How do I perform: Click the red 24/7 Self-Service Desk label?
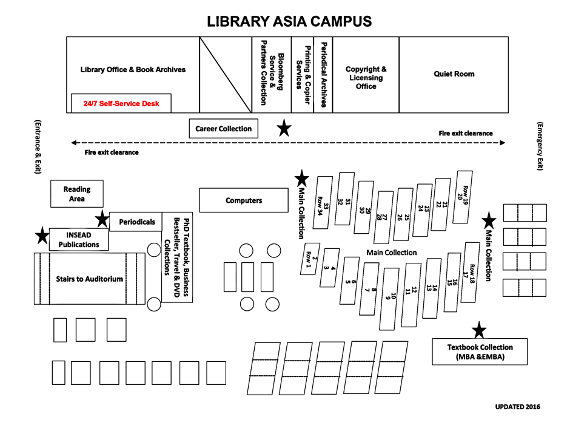tap(121, 104)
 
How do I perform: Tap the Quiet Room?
tap(454, 74)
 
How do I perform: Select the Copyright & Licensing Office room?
tap(366, 78)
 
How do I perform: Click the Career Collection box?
tap(223, 129)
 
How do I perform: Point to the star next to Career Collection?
tap(283, 128)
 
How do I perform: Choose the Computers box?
tap(244, 200)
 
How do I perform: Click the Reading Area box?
tap(77, 194)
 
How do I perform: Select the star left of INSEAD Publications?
tap(42, 236)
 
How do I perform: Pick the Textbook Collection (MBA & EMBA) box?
tap(480, 352)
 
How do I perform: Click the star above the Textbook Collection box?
tap(479, 330)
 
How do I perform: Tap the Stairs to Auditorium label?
tap(89, 279)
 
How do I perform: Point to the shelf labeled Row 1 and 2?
tap(309, 259)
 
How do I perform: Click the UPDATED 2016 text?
tap(517, 407)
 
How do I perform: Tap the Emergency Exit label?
tap(540, 146)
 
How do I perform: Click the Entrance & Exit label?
tap(38, 146)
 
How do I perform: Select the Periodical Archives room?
tap(323, 75)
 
